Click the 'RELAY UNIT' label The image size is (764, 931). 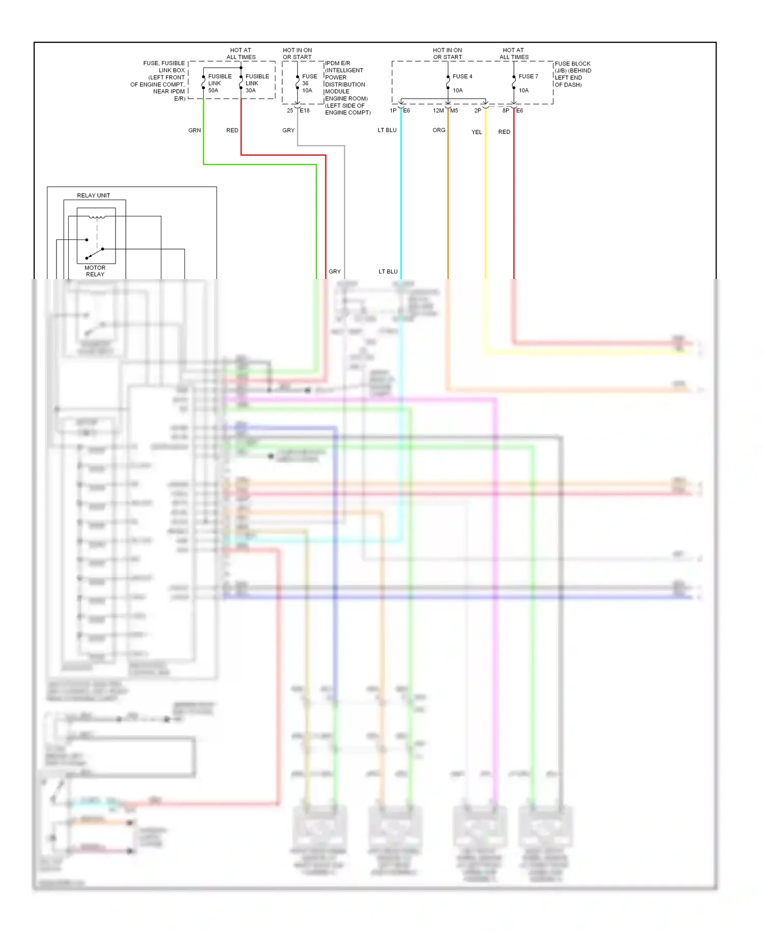coord(93,196)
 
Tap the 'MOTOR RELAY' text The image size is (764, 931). coord(95,271)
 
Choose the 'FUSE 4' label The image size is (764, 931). coord(462,76)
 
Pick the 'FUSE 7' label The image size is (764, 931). coord(528,76)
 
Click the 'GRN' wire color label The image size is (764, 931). coord(195,130)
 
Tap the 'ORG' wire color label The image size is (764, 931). coord(439,130)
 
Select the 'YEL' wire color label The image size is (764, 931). coord(476,132)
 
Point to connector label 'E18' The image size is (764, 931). coord(305,111)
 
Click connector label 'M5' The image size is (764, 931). coord(454,111)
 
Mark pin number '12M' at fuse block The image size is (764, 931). coord(438,111)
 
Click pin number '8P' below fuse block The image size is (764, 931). coord(505,111)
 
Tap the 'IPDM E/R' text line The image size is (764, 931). coord(338,64)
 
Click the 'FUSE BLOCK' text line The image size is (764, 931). coord(572,64)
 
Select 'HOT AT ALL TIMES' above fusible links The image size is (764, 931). coord(240,53)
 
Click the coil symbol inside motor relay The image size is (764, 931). coord(97,217)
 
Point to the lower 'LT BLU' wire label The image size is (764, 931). coord(388,271)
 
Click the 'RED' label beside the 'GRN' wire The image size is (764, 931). coord(232,130)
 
